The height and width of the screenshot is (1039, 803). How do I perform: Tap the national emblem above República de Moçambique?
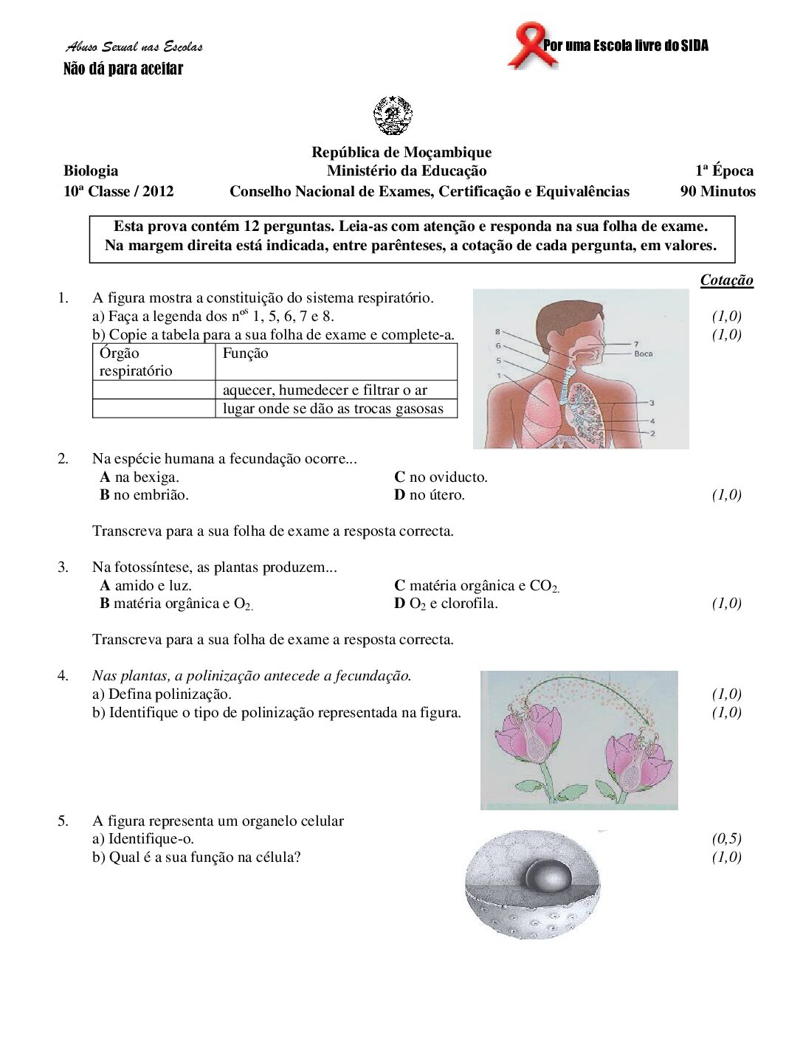point(393,116)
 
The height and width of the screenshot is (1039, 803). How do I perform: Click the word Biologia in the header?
point(91,171)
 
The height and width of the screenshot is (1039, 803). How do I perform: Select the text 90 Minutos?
point(717,192)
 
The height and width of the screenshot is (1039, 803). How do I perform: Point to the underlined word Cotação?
point(726,280)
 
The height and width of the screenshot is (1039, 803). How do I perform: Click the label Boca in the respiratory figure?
point(643,353)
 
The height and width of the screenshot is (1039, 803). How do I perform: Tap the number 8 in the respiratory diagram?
point(498,332)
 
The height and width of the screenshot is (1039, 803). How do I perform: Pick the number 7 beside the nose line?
point(636,343)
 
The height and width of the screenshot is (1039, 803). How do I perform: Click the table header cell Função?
point(245,353)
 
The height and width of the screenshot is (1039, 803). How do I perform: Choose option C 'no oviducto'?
point(441,477)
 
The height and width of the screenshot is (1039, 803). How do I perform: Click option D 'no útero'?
point(430,495)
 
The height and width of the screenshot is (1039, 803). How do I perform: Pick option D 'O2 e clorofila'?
point(446,604)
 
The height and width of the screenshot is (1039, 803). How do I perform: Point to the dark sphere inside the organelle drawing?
point(547,877)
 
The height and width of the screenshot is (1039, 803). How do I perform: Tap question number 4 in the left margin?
point(63,676)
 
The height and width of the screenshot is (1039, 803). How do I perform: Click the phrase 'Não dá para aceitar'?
point(123,69)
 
